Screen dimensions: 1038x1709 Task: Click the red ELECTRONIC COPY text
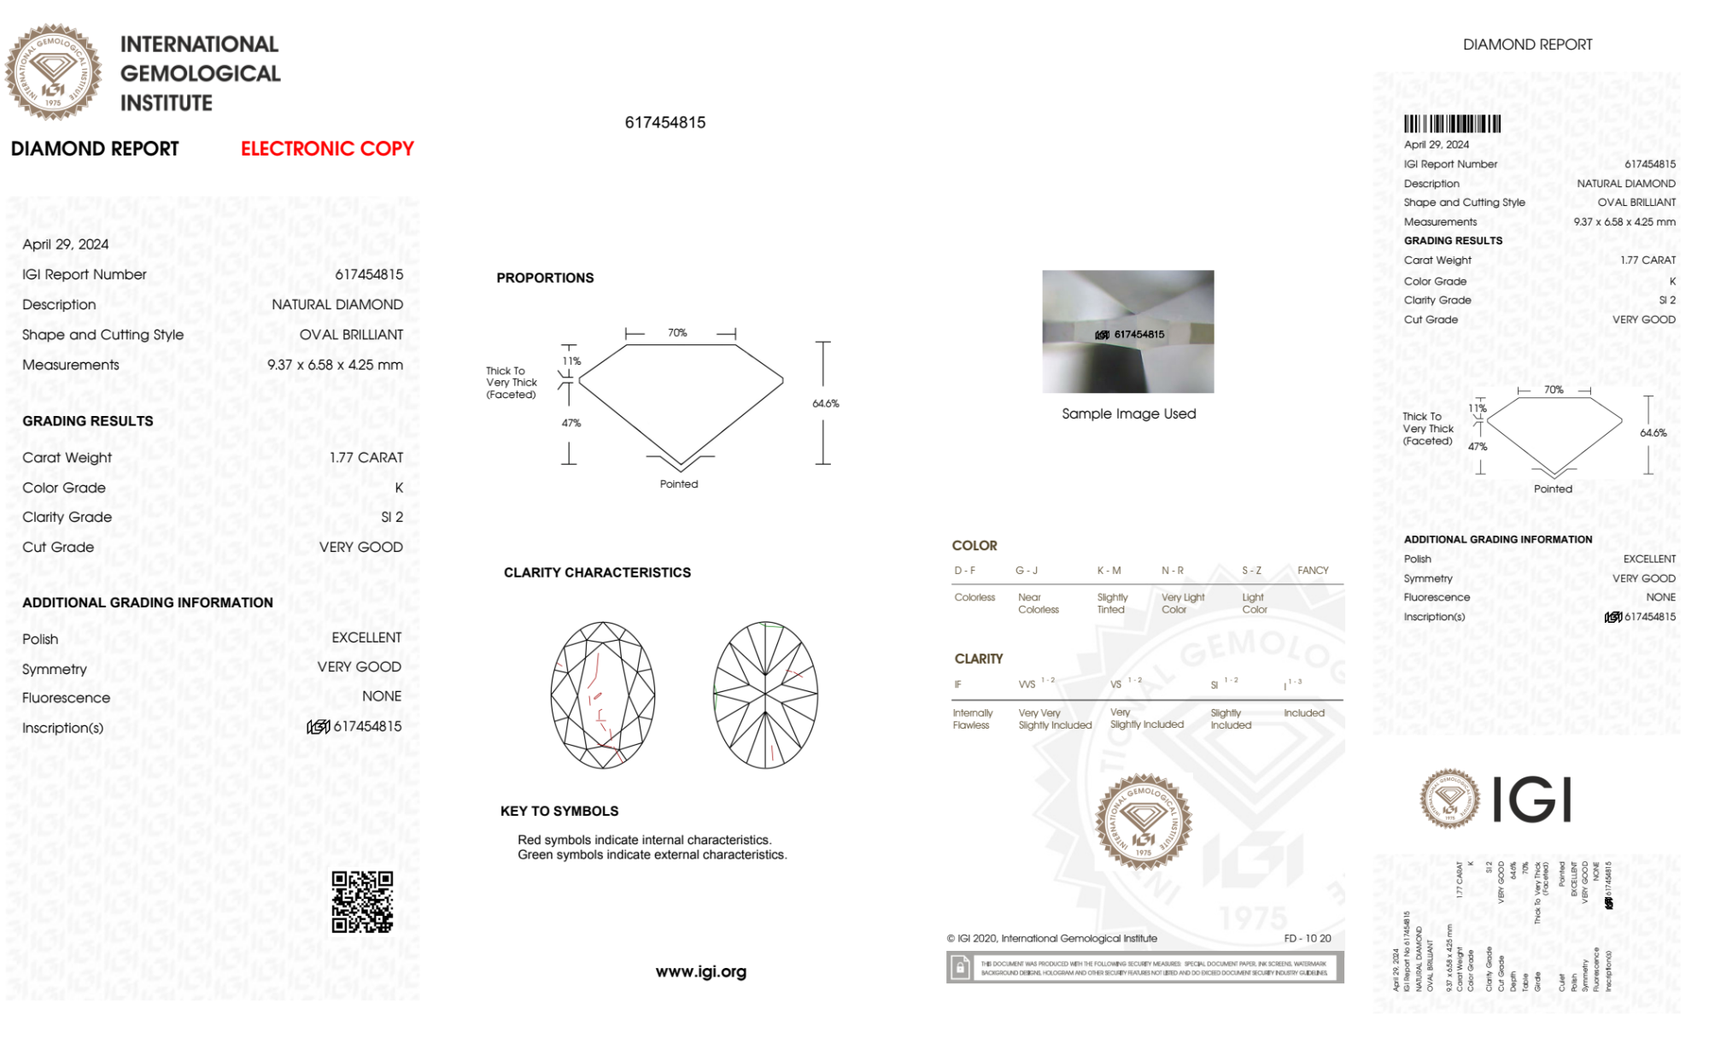(x=327, y=149)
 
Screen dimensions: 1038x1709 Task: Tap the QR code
(x=362, y=902)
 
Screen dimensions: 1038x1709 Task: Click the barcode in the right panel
(x=1452, y=124)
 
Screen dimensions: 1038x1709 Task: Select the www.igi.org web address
(x=700, y=971)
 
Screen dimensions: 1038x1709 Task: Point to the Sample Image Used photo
(x=1127, y=331)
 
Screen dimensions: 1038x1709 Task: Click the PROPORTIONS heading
(x=545, y=278)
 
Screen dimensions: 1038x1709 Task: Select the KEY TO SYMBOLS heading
(x=559, y=811)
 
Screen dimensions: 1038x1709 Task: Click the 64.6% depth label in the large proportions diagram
(x=825, y=403)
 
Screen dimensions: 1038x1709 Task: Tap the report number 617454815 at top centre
(x=665, y=122)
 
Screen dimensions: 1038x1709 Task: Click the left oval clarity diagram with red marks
(x=603, y=695)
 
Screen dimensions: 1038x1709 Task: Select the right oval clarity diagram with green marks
(x=765, y=695)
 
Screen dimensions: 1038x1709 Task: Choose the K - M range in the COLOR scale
(x=1109, y=570)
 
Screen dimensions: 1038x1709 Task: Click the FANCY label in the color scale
(x=1313, y=570)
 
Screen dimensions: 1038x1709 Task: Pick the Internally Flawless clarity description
(x=972, y=718)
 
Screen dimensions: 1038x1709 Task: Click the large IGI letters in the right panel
(x=1532, y=800)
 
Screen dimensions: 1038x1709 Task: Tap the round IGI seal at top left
(x=53, y=72)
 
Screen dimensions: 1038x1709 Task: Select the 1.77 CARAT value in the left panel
(x=366, y=458)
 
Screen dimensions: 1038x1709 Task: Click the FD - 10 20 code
(x=1307, y=938)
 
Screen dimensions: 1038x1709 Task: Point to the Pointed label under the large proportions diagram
(x=679, y=484)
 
